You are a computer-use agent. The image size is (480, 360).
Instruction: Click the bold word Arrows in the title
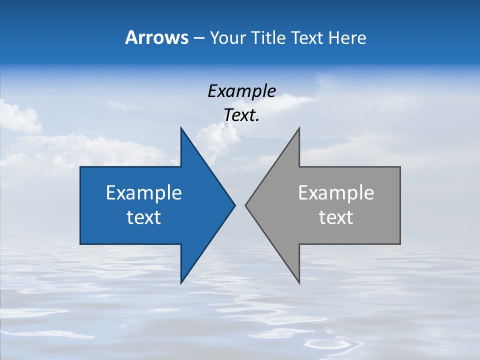click(x=156, y=37)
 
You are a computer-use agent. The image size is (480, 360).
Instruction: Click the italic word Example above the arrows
click(x=241, y=91)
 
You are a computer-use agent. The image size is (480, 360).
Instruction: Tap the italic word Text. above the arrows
click(x=241, y=115)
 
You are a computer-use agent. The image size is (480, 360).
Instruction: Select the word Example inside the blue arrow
click(x=144, y=193)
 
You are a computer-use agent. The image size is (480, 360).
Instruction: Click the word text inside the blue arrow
click(x=144, y=217)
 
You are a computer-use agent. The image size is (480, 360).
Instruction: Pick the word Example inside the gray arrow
click(x=336, y=193)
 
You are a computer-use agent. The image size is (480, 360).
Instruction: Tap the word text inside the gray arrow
click(x=336, y=217)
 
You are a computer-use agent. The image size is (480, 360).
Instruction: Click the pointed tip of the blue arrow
click(x=235, y=205)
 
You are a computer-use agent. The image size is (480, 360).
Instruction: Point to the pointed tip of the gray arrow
click(x=245, y=205)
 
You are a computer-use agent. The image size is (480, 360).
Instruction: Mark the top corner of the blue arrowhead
click(x=181, y=127)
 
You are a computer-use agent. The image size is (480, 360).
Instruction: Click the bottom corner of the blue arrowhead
click(x=181, y=283)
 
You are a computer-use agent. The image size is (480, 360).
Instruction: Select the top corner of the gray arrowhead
click(x=299, y=127)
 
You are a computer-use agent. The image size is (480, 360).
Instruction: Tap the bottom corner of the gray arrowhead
click(x=299, y=283)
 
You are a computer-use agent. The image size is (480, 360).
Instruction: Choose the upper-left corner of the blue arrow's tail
click(x=80, y=167)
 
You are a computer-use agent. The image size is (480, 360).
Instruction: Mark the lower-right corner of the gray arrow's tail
click(x=400, y=243)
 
